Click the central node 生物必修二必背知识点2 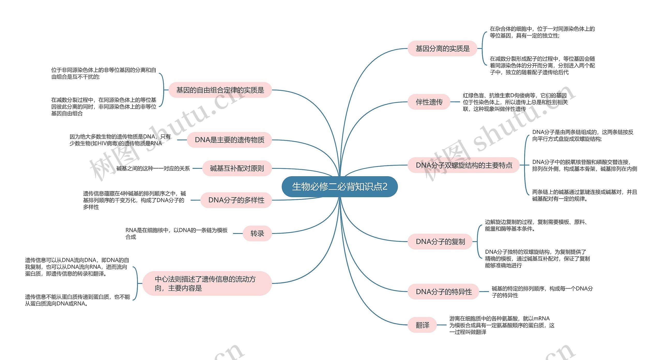point(339,187)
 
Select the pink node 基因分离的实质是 point(442,49)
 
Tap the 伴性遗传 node point(429,102)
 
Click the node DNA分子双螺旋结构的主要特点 point(464,165)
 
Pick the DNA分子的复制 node point(440,242)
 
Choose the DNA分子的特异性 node point(443,292)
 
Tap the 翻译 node point(422,325)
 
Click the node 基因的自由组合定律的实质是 point(220,90)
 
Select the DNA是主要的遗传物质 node point(229,140)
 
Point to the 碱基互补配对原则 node point(237,168)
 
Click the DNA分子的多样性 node point(236,200)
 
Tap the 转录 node point(257,234)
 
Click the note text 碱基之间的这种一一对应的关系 point(153,168)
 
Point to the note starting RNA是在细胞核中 point(176,233)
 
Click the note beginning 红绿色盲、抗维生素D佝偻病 point(515,102)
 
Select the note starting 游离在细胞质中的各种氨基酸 point(502,325)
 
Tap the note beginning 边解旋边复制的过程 point(537,225)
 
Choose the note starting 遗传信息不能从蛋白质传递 point(77,300)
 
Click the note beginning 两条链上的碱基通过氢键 point(584,195)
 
